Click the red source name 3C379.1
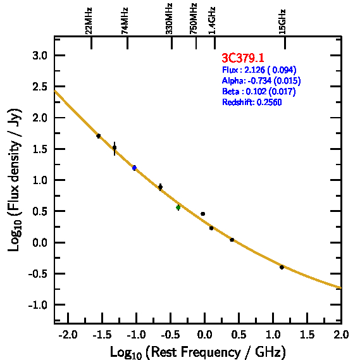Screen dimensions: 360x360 pyautogui.click(x=243, y=58)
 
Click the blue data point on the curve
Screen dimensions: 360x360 pyautogui.click(x=134, y=168)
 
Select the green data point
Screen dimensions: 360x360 pyautogui.click(x=178, y=208)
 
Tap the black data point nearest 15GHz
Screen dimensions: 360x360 pyautogui.click(x=282, y=267)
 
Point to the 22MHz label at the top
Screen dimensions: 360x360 pyautogui.click(x=89, y=21)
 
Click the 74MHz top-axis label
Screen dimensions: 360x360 pyautogui.click(x=125, y=21)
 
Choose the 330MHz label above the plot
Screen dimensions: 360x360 pyautogui.click(x=169, y=19)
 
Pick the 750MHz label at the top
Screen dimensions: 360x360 pyautogui.click(x=194, y=19)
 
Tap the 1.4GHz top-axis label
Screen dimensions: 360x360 pyautogui.click(x=212, y=21)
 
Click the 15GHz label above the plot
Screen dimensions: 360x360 pyautogui.click(x=282, y=22)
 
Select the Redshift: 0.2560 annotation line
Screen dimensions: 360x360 pyautogui.click(x=252, y=102)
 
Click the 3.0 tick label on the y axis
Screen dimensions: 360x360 pyautogui.click(x=40, y=56)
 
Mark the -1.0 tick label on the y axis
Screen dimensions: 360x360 pyautogui.click(x=38, y=305)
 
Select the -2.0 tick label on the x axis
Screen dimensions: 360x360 pyautogui.click(x=68, y=335)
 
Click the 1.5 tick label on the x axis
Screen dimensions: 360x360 pyautogui.click(x=307, y=335)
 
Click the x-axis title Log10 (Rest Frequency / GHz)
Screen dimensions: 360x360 pyautogui.click(x=198, y=352)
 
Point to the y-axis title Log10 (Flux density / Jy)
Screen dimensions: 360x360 pyautogui.click(x=15, y=180)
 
